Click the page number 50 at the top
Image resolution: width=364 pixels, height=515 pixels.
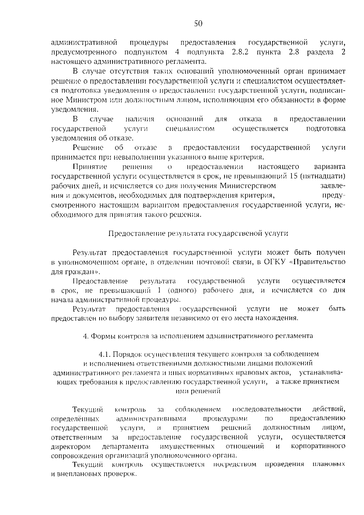click(198, 24)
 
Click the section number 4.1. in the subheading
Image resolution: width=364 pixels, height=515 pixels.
click(106, 354)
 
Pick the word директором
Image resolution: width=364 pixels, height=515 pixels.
click(71, 447)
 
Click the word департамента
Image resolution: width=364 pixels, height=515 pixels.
click(125, 447)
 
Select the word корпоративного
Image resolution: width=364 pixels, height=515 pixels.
click(318, 446)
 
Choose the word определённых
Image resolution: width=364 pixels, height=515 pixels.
click(75, 419)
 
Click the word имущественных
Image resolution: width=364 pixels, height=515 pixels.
click(187, 446)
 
